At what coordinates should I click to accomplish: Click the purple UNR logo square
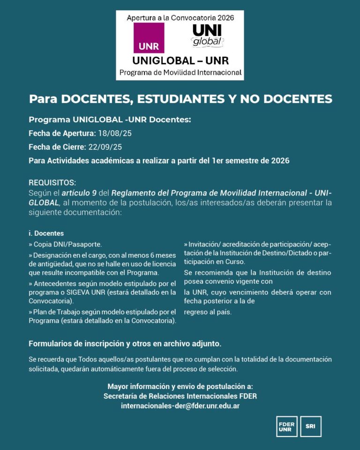tap(149, 37)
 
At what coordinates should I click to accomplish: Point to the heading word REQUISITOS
tap(52, 182)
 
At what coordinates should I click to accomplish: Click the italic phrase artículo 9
tap(79, 193)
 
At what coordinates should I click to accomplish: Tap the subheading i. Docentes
tap(46, 233)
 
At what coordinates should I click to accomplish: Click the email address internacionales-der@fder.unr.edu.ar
tap(180, 406)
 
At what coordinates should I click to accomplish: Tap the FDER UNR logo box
tap(286, 426)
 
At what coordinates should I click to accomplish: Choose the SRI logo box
tap(310, 426)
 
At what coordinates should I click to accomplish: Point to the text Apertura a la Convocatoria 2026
tap(180, 17)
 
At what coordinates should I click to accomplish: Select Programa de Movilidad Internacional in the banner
tap(180, 73)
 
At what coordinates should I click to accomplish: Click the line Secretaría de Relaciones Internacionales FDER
tap(180, 396)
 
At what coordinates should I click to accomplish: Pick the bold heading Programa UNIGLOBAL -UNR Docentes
tap(110, 120)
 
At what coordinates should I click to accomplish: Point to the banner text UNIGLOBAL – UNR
tap(180, 61)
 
